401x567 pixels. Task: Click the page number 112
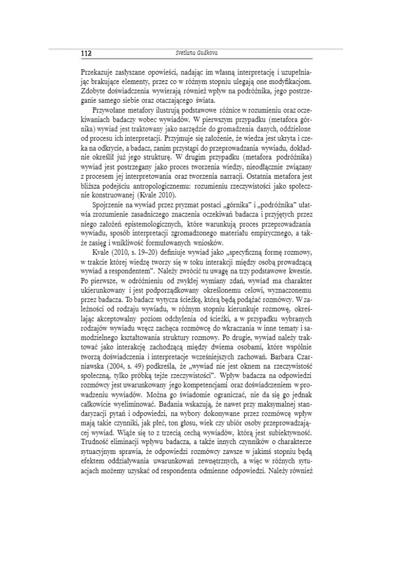coord(86,53)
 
